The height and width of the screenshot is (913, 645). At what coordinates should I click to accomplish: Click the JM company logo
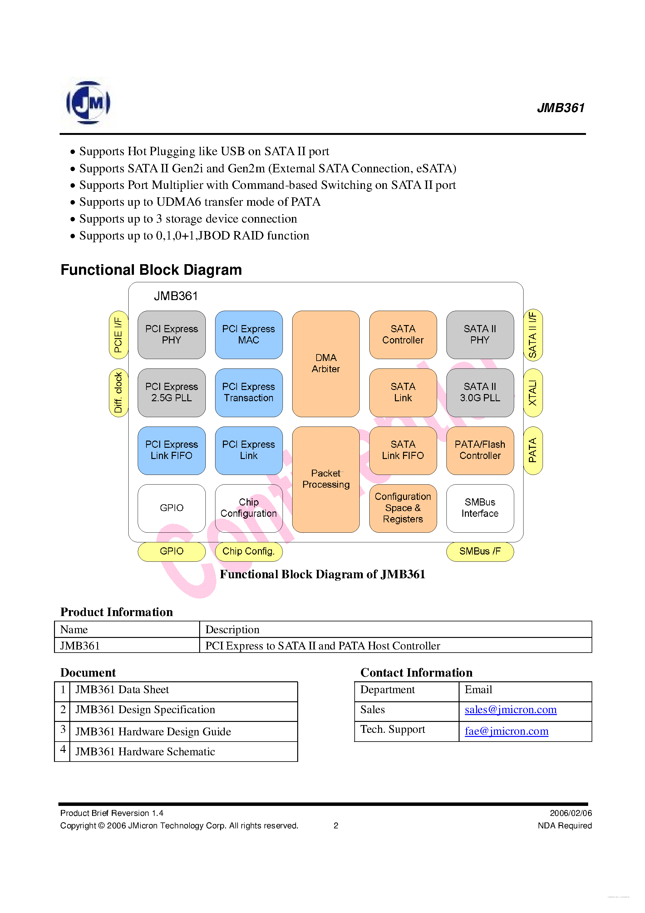tap(88, 103)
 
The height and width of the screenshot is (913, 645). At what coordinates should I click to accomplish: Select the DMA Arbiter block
tap(326, 363)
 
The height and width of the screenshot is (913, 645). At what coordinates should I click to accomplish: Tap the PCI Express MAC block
tap(249, 334)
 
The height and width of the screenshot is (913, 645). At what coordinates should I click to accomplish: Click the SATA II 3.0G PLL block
tap(480, 392)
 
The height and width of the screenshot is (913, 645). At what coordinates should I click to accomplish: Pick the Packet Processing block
tap(326, 479)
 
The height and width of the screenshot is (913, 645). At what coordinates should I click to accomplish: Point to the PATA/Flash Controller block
tap(480, 450)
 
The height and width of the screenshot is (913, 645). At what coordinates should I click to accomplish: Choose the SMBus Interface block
tap(480, 508)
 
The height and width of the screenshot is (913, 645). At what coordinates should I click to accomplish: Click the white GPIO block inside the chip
tap(171, 508)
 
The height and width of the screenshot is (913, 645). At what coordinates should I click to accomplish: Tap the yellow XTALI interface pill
tap(533, 392)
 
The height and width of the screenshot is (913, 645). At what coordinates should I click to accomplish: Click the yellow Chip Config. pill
tap(249, 551)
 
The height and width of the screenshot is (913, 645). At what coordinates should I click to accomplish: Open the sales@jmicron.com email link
tap(510, 710)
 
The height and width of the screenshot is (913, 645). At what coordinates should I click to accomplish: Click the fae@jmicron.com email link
tap(507, 731)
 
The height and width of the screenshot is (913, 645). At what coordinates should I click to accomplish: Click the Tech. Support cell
tap(406, 731)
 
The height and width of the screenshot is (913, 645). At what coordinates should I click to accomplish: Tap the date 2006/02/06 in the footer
tap(571, 813)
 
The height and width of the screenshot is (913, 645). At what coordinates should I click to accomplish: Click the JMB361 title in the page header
tap(561, 108)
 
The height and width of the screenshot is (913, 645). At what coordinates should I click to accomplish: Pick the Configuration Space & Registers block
tap(403, 508)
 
